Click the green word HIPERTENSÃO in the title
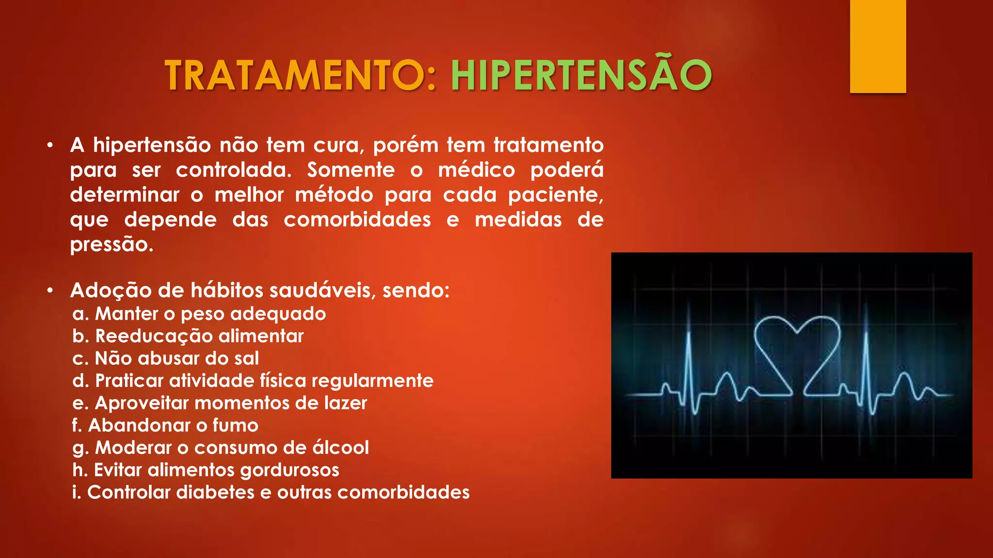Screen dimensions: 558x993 click(581, 75)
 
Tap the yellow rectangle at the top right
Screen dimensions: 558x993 click(878, 46)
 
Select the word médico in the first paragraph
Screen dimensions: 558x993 click(476, 170)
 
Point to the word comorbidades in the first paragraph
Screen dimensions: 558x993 click(357, 220)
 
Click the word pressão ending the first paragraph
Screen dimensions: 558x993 click(111, 245)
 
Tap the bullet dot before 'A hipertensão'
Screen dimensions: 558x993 click(50, 145)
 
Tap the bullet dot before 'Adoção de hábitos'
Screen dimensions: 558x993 click(50, 291)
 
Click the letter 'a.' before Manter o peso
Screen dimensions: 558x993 click(80, 314)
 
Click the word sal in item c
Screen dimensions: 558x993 click(246, 358)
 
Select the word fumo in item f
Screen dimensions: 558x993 click(235, 425)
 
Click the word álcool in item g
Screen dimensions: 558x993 click(340, 448)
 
